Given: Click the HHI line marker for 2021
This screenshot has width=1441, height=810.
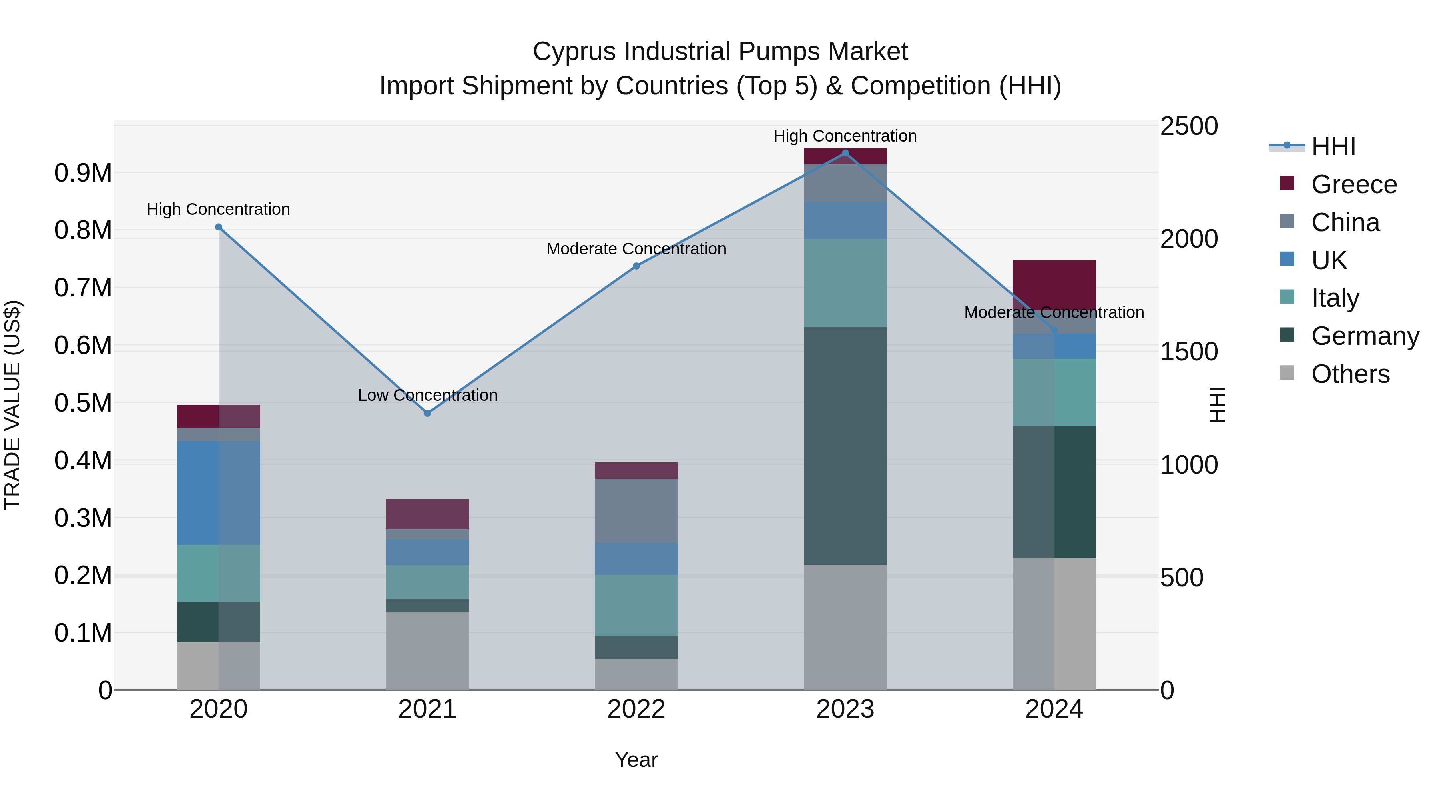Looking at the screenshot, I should (x=427, y=413).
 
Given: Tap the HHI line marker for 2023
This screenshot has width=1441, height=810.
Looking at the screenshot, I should (x=845, y=153).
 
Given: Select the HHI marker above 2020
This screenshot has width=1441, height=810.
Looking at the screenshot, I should (x=219, y=227).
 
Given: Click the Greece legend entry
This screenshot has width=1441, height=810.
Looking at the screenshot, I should (x=1353, y=184).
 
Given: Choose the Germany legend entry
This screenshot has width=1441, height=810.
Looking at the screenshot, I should (x=1365, y=336).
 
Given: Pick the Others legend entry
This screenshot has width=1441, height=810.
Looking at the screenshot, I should (x=1350, y=374).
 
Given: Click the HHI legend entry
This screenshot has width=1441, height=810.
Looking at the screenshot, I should (x=1333, y=146).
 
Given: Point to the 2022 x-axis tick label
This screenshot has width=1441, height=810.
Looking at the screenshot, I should (x=636, y=709).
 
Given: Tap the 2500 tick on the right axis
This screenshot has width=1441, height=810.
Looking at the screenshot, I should (x=1189, y=126).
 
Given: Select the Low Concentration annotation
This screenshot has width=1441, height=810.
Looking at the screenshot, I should (x=427, y=395).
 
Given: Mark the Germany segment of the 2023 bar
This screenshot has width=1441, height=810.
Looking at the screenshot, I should (x=845, y=446).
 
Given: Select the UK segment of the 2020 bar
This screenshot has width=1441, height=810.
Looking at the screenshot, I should (x=219, y=492).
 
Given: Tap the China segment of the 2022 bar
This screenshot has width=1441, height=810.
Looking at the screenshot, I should (x=636, y=510).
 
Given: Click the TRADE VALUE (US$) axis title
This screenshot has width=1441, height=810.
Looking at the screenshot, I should (x=13, y=405).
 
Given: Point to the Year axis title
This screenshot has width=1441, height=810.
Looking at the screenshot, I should (x=636, y=760).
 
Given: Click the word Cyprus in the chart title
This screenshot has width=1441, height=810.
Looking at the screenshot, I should (x=574, y=52).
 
